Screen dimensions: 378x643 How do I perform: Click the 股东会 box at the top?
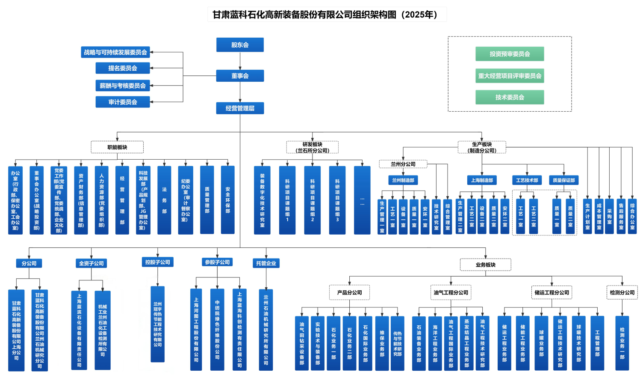click(x=240, y=45)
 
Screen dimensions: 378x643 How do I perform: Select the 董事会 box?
click(x=240, y=76)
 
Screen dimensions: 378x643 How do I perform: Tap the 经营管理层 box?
click(x=240, y=108)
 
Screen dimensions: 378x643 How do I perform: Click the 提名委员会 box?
click(x=123, y=68)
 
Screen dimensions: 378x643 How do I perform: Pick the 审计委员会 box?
click(x=123, y=102)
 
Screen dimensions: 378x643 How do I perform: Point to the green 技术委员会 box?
click(x=510, y=97)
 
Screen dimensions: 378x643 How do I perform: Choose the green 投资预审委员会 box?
click(x=510, y=54)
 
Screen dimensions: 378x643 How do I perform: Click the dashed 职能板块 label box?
click(x=117, y=147)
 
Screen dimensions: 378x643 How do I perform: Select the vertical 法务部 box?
click(x=164, y=200)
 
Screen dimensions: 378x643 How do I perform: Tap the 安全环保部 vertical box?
click(x=227, y=200)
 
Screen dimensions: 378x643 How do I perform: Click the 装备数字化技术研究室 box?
click(x=262, y=200)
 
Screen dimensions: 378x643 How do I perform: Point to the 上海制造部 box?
click(x=482, y=180)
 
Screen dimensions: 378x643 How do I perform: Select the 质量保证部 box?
click(x=563, y=180)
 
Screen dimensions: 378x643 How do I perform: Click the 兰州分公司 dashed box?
click(x=403, y=164)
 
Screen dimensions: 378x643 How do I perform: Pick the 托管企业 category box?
click(x=266, y=263)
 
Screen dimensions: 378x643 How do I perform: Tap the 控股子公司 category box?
click(x=158, y=262)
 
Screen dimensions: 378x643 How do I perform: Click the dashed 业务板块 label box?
click(x=485, y=265)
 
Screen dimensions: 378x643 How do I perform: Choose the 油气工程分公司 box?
click(x=451, y=292)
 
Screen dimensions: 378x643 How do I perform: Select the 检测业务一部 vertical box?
click(x=622, y=343)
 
